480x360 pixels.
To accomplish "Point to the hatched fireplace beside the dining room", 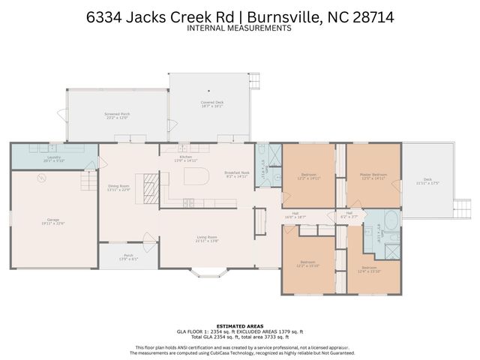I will tap(151, 184).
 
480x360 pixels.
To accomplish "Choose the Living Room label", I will tap(206, 239).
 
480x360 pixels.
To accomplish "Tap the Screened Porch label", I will tap(116, 115).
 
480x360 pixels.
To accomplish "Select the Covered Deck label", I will tap(211, 103).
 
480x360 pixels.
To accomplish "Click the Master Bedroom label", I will tap(373, 175).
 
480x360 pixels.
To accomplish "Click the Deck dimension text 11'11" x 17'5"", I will tap(427, 183).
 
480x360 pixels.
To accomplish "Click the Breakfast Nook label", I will tap(235, 173).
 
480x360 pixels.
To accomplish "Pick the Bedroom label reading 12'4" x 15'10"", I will tap(369, 268).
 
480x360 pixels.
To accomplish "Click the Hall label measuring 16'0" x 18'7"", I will tap(295, 214).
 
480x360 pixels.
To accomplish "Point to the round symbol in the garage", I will tap(42, 178).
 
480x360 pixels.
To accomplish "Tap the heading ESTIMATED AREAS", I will tap(239, 325).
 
